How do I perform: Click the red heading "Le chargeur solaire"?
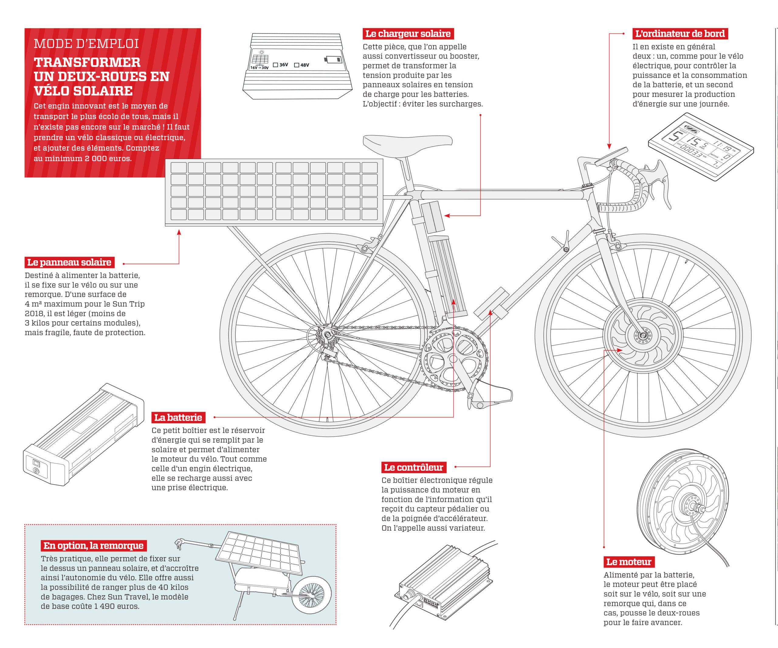408,34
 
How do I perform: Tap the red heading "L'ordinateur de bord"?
680,34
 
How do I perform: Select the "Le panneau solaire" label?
70,262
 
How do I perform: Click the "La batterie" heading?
178,418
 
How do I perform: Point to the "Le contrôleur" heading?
414,467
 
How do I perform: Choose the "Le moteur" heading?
629,562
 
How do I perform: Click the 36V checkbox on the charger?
275,65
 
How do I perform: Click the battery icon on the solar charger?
333,59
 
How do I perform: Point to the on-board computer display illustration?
701,147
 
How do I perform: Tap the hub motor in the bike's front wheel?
642,335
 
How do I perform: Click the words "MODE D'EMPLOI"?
86,44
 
